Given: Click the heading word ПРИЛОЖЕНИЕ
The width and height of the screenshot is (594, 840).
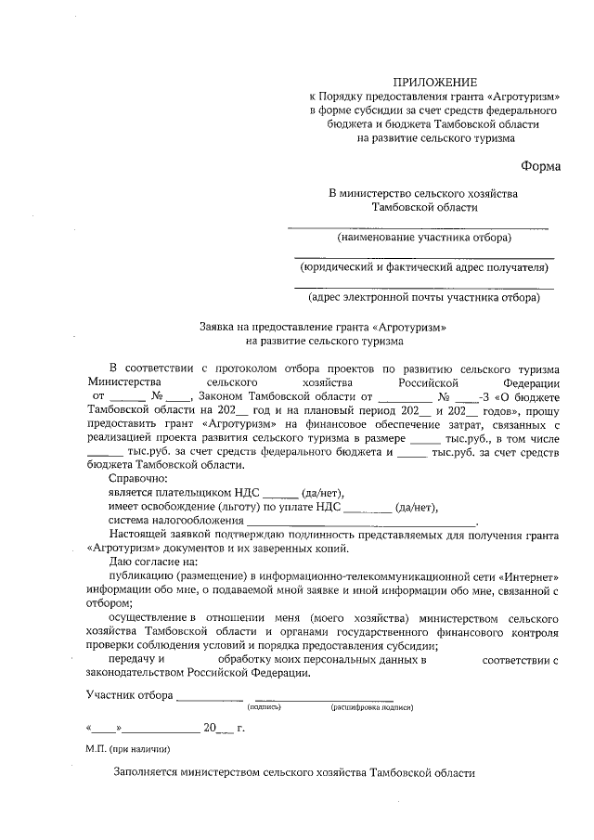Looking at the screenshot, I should [x=435, y=83].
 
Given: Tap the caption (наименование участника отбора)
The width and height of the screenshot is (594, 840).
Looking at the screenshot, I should [x=423, y=238].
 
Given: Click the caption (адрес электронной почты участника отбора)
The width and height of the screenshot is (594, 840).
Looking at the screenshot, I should [x=423, y=298].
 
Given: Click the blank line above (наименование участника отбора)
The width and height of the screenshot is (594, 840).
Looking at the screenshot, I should [x=418, y=226].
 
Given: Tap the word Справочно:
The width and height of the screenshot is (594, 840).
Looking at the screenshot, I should [x=136, y=477].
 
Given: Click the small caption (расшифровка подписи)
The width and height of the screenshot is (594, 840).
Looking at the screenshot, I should [x=370, y=707].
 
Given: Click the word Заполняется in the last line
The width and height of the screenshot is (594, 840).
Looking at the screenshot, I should [x=146, y=772].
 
